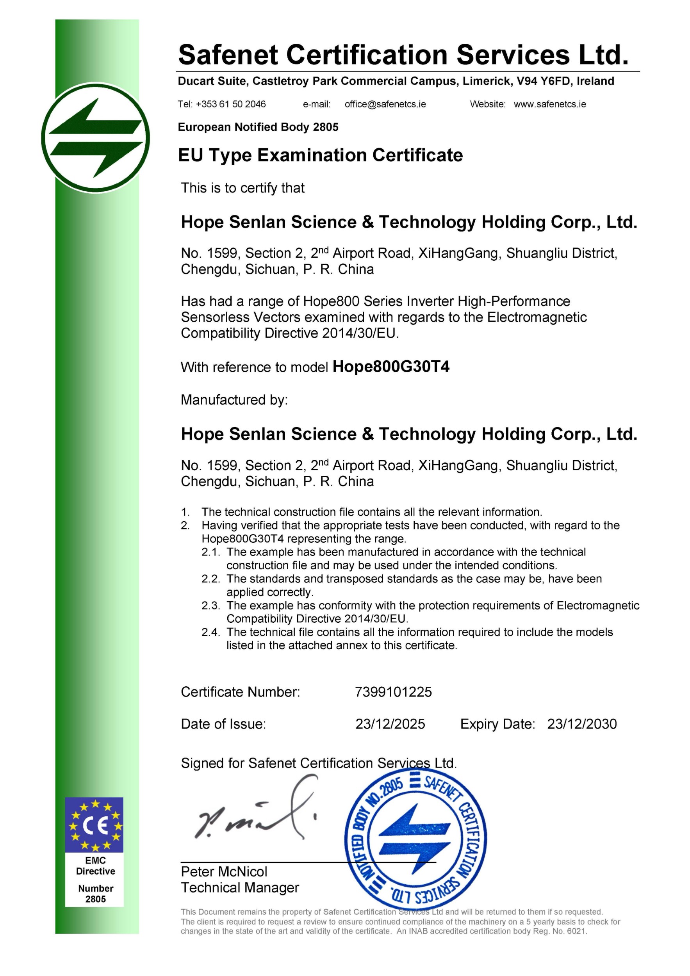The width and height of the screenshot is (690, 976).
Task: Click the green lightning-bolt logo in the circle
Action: pos(96,138)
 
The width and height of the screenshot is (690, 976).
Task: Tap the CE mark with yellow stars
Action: pos(94,825)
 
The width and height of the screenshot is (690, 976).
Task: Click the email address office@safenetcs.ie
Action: pos(385,104)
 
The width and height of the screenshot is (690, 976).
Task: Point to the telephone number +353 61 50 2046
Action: pos(230,104)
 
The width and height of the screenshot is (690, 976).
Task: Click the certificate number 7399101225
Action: pos(393,692)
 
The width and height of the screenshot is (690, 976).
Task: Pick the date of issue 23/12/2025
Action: pos(390,724)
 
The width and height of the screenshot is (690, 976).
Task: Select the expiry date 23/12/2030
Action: pos(581,724)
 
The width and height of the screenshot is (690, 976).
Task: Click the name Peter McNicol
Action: pos(224,872)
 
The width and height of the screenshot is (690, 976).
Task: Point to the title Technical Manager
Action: pos(240,888)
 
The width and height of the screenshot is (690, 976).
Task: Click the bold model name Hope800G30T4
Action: pos(391,367)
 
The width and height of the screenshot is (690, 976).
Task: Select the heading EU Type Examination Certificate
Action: pos(320,155)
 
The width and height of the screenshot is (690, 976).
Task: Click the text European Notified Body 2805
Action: pos(258,127)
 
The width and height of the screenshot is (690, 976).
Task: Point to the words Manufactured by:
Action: pos(234,400)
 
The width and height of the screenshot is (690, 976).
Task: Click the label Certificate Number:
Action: pos(240,692)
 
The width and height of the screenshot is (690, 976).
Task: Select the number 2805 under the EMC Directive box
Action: pos(95,899)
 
